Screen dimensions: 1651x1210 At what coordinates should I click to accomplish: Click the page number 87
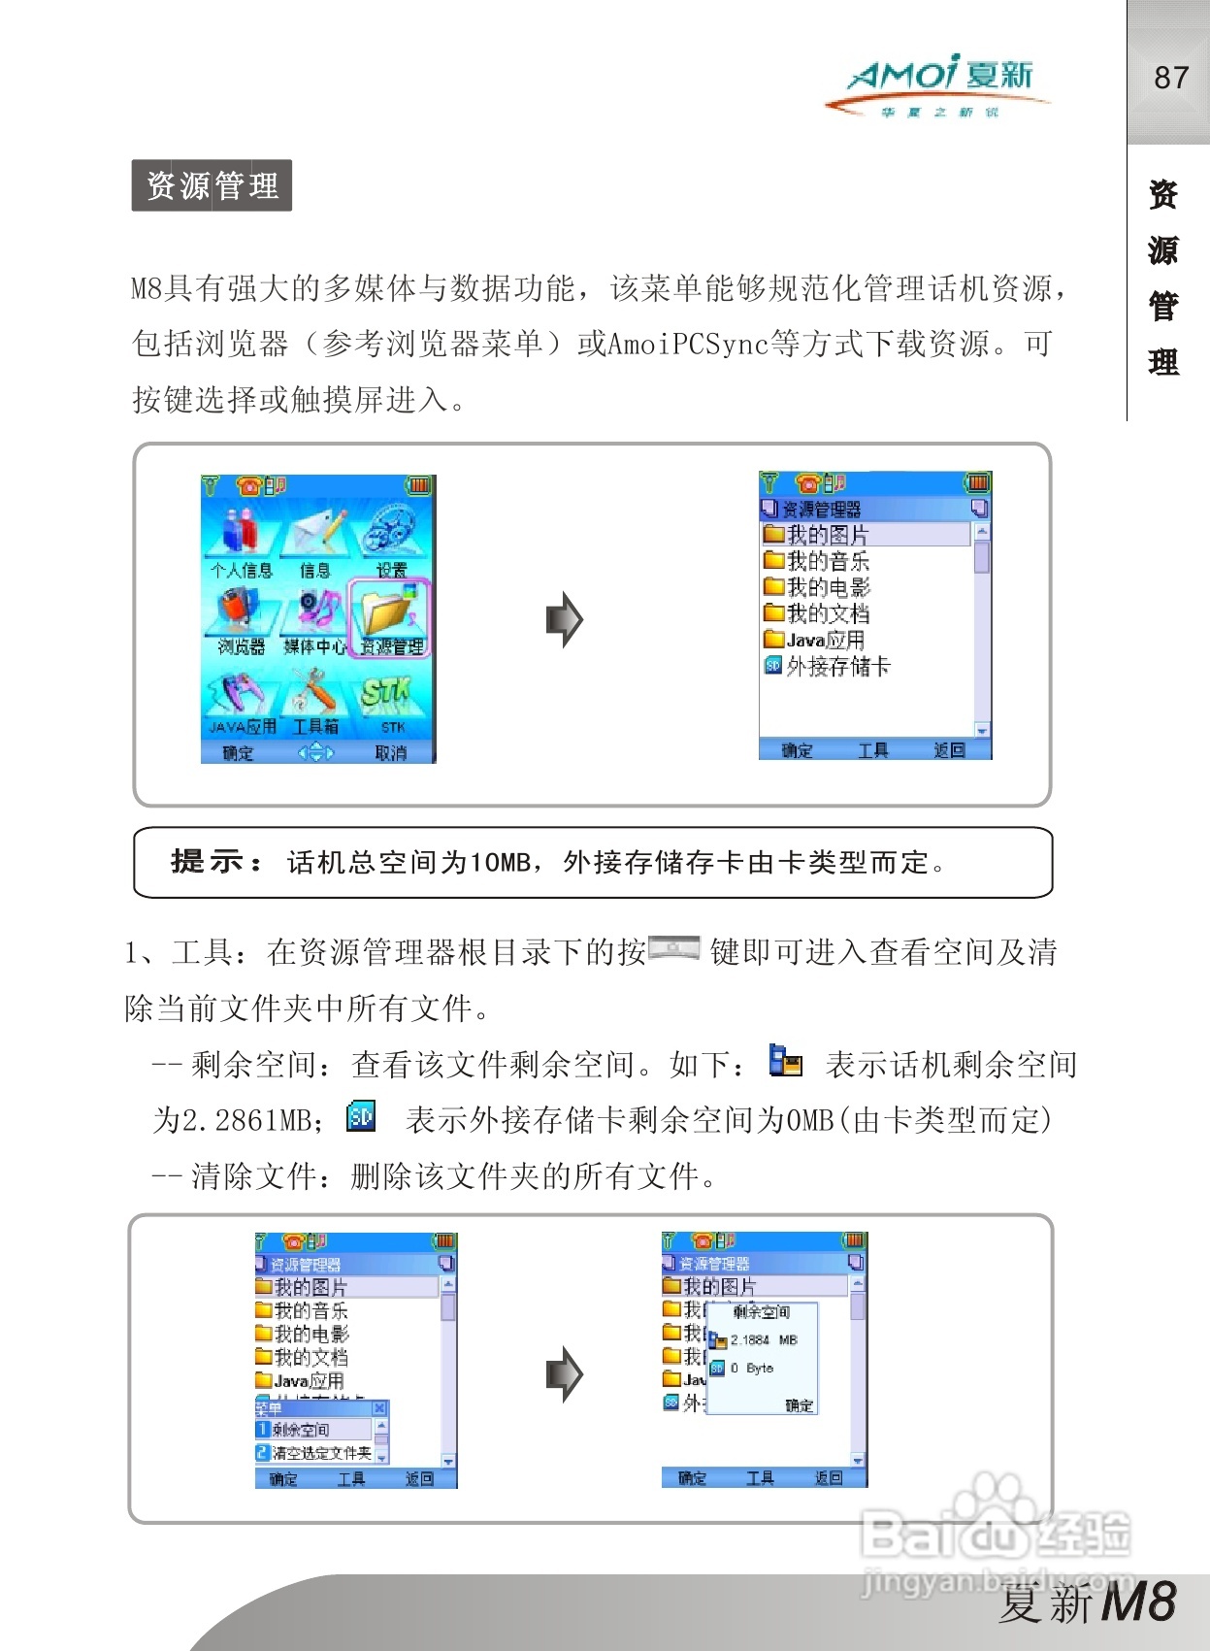pyautogui.click(x=1170, y=78)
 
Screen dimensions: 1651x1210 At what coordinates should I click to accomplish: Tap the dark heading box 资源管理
pyautogui.click(x=212, y=185)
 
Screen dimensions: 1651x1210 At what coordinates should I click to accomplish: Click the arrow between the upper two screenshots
pyautogui.click(x=565, y=619)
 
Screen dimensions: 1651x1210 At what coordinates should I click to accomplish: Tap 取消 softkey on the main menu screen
pyautogui.click(x=391, y=752)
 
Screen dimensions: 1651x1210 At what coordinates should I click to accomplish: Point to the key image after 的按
pyautogui.click(x=673, y=948)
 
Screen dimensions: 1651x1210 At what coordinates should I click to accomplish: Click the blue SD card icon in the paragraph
pyautogui.click(x=361, y=1117)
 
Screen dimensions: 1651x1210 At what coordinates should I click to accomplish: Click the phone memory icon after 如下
pyautogui.click(x=785, y=1062)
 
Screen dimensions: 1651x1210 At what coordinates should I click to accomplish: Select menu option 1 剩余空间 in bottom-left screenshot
pyautogui.click(x=312, y=1430)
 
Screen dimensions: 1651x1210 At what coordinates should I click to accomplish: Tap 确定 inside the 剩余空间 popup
pyautogui.click(x=799, y=1405)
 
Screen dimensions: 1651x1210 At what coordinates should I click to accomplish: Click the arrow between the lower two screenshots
pyautogui.click(x=565, y=1374)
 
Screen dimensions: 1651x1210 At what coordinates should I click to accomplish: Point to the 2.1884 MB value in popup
pyautogui.click(x=763, y=1339)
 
